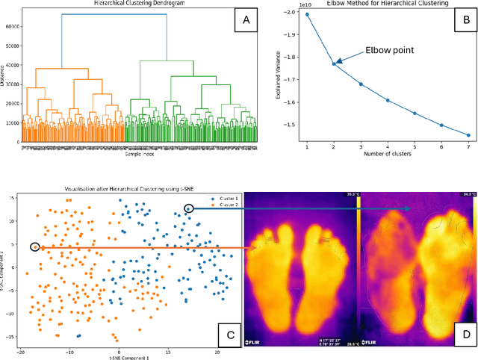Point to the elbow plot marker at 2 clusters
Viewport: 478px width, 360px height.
click(334, 64)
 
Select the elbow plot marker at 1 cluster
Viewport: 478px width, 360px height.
click(307, 15)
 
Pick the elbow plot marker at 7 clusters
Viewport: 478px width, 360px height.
click(468, 135)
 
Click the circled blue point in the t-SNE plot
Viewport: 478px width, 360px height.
click(188, 208)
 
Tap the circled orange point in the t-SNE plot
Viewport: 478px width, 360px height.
click(35, 246)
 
